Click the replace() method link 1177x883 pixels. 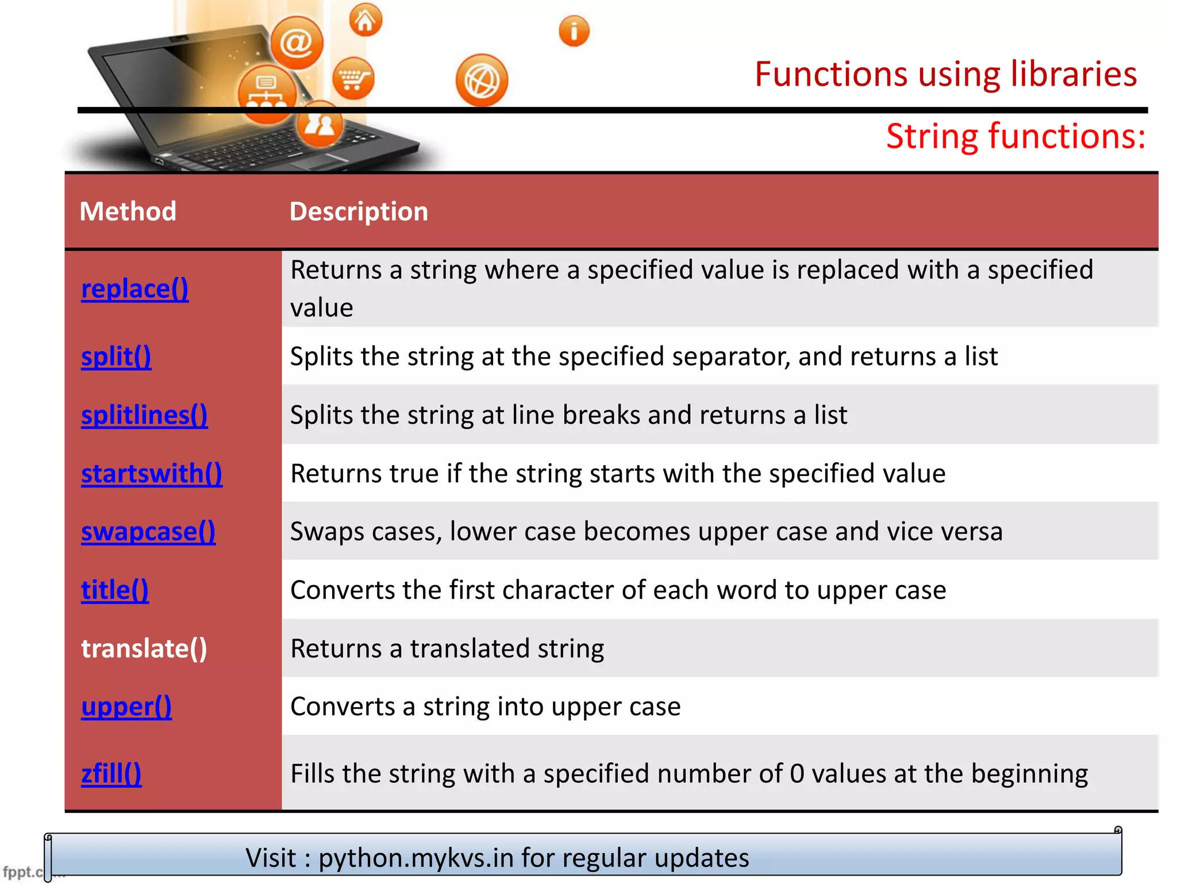(134, 289)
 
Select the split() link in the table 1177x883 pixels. (116, 356)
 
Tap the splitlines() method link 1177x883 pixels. (144, 415)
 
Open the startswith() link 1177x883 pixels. (152, 474)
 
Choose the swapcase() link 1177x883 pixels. (148, 532)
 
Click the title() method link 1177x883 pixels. (115, 590)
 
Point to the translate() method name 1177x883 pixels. (144, 648)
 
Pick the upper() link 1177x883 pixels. (126, 707)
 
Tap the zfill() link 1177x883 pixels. (111, 774)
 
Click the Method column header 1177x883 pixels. (128, 212)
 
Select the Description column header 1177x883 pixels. (359, 212)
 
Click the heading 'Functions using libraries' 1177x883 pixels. (945, 74)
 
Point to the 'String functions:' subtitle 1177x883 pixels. (1016, 136)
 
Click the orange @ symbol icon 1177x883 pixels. (297, 43)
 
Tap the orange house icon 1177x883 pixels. (366, 21)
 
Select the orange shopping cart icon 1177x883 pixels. (353, 78)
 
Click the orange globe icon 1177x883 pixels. (482, 80)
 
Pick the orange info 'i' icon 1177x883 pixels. (574, 31)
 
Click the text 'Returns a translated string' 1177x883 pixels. (447, 648)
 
